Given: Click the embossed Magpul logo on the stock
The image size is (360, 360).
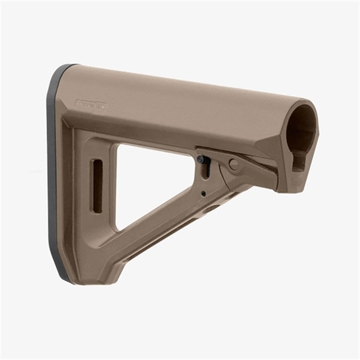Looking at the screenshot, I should [x=91, y=105].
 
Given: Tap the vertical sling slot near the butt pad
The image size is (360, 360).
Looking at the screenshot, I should [x=97, y=179].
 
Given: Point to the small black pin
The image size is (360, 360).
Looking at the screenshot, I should [x=200, y=160].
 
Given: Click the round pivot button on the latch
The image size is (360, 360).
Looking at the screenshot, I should [x=233, y=164].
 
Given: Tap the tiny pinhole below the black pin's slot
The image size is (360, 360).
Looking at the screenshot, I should [x=203, y=194].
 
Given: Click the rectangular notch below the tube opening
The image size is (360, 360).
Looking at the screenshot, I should [x=298, y=162].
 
